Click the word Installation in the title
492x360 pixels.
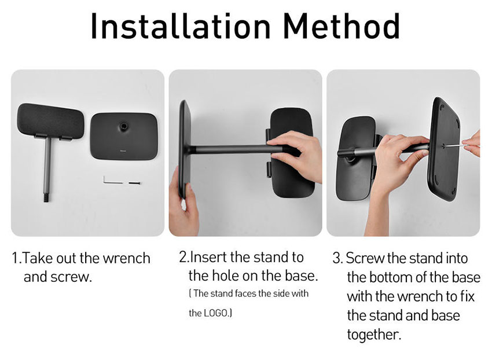pos(181,26)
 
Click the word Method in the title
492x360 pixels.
pos(342,26)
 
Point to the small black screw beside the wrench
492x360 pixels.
pos(134,183)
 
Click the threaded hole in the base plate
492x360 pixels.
pos(123,127)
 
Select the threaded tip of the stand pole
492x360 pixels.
pos(46,198)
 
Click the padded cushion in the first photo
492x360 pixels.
pos(50,120)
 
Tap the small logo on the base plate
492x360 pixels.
pos(123,150)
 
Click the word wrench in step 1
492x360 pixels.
pos(126,258)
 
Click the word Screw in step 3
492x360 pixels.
pos(365,258)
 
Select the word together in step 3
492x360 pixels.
pos(374,335)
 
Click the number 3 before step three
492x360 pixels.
pos(337,258)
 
